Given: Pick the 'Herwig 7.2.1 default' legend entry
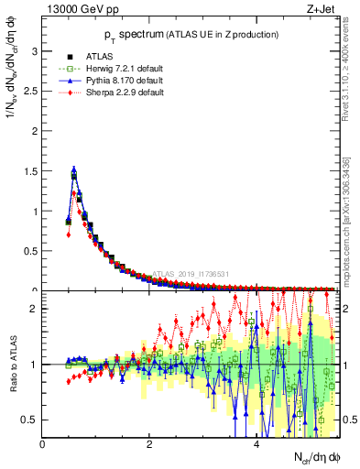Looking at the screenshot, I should click(x=125, y=69).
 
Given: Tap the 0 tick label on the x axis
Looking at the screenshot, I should click(x=43, y=444).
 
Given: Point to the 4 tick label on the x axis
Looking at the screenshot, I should click(x=256, y=444).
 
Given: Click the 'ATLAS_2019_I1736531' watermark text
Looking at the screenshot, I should click(x=193, y=273).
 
